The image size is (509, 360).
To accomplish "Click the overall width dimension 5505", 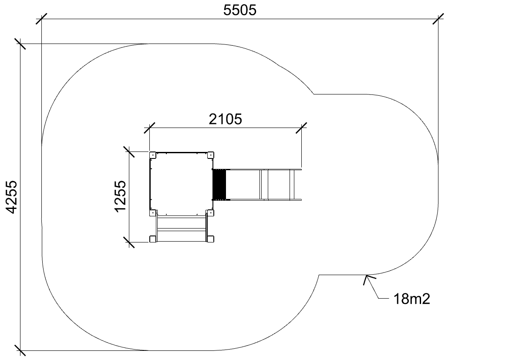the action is click(239, 10).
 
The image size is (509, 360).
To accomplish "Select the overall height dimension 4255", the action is click(12, 197).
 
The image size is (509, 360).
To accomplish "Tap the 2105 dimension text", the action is click(225, 119).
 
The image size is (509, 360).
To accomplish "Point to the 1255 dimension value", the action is click(120, 196).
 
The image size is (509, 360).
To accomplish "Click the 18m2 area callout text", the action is click(411, 299).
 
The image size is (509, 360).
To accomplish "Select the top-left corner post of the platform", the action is click(153, 155).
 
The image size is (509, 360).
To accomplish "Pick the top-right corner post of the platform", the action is click(211, 155).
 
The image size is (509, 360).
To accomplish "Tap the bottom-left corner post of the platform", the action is click(153, 213).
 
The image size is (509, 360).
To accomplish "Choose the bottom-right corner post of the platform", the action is click(210, 213).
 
